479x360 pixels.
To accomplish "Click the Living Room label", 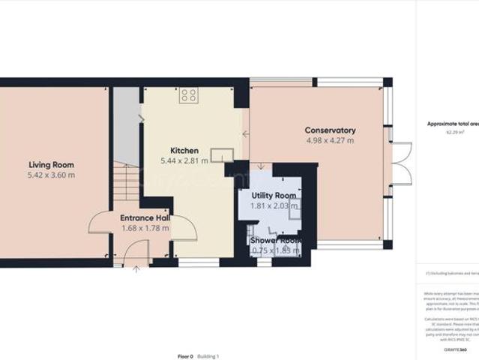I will pyautogui.click(x=51, y=164).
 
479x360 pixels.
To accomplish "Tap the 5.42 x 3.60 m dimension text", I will pyautogui.click(x=51, y=175).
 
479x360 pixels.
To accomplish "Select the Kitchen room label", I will pyautogui.click(x=184, y=150).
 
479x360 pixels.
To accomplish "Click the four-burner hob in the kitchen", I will pyautogui.click(x=189, y=95).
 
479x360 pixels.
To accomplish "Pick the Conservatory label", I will pyautogui.click(x=330, y=130).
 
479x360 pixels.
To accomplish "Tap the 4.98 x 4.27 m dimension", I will pyautogui.click(x=330, y=140).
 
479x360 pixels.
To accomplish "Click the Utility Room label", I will pyautogui.click(x=274, y=195).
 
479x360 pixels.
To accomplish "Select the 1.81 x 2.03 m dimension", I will pyautogui.click(x=274, y=205).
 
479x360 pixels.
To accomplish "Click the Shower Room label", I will pyautogui.click(x=276, y=240).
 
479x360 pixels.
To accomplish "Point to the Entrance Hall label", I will pyautogui.click(x=145, y=218).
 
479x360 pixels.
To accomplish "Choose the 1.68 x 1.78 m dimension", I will pyautogui.click(x=145, y=228).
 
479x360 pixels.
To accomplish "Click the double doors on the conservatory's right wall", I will pyautogui.click(x=401, y=163).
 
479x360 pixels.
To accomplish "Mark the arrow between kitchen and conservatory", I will pyautogui.click(x=245, y=134).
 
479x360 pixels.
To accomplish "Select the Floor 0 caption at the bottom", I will pyautogui.click(x=185, y=356).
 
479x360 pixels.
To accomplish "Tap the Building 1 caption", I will pyautogui.click(x=208, y=356).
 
